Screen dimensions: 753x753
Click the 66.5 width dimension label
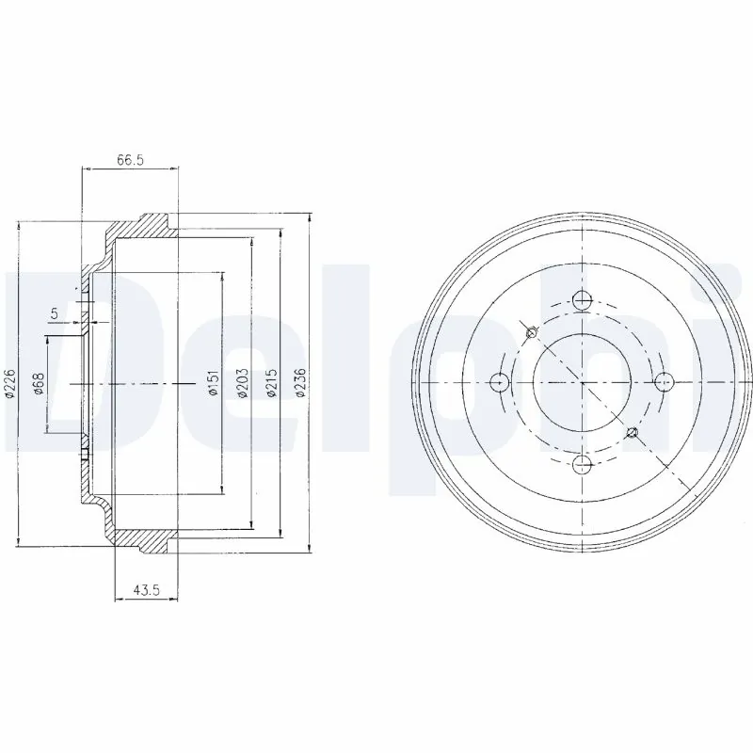pos(130,161)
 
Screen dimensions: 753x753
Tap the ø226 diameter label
pos(9,384)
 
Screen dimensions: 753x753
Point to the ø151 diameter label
pos(214,384)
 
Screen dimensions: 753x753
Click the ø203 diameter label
pos(242,384)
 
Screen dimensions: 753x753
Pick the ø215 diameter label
pos(271,384)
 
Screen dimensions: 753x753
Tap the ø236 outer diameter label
pos(300,384)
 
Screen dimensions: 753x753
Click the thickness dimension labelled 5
pos(54,312)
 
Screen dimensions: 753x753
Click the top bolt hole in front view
pos(582,300)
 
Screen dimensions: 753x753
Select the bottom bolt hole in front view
pos(582,462)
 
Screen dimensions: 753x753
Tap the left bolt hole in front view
pos(500,381)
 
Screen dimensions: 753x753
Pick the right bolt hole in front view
pos(663,381)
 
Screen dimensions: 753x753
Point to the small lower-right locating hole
pos(633,433)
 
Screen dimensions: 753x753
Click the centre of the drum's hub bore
pos(582,381)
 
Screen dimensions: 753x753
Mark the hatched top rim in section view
pos(141,228)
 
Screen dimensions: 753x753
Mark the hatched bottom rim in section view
pos(141,538)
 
